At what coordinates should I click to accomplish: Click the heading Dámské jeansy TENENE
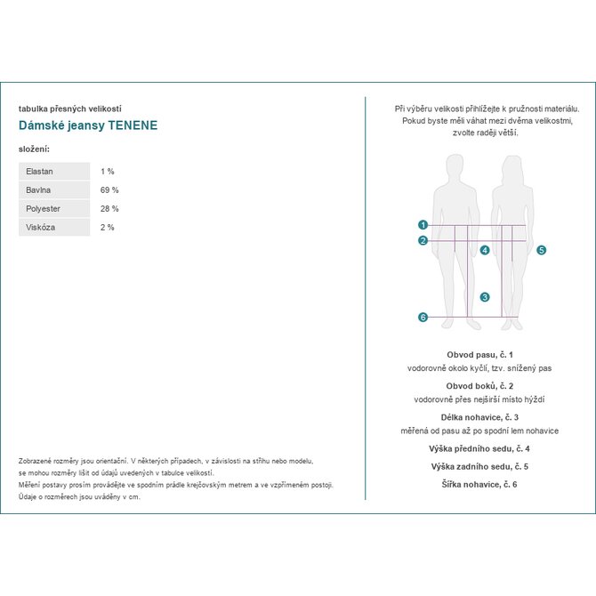[x=88, y=125]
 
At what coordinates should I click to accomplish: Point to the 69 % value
[x=109, y=189]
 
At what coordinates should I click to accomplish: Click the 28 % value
[x=109, y=208]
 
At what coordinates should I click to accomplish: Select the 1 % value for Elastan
[x=108, y=171]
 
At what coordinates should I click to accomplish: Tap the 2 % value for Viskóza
[x=108, y=227]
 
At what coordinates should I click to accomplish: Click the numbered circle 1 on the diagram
[x=423, y=225]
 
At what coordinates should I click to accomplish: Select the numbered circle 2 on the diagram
[x=423, y=240]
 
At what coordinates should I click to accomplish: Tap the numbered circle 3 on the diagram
[x=485, y=297]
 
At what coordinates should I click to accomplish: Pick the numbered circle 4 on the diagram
[x=485, y=250]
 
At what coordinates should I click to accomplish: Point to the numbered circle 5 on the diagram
[x=542, y=251]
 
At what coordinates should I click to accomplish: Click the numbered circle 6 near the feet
[x=423, y=317]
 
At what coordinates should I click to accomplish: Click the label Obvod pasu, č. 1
[x=479, y=354]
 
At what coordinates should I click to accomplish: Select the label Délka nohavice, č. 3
[x=479, y=416]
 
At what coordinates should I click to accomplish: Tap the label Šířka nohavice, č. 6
[x=479, y=484]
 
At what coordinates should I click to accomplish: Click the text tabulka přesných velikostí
[x=69, y=109]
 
